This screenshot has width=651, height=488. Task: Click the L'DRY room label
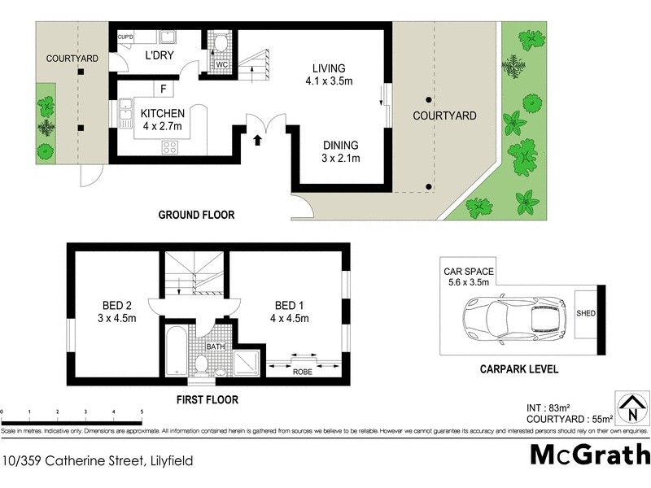pyautogui.click(x=159, y=56)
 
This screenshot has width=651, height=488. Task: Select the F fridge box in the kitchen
pyautogui.click(x=164, y=89)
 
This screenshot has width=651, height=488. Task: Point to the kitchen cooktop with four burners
pyautogui.click(x=172, y=147)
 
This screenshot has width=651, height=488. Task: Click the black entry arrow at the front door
pyautogui.click(x=258, y=140)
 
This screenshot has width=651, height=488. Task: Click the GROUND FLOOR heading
pyautogui.click(x=196, y=216)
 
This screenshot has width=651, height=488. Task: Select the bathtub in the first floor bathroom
pyautogui.click(x=177, y=351)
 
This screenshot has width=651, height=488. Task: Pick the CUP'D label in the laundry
pyautogui.click(x=125, y=37)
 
